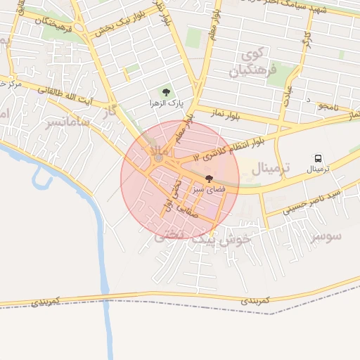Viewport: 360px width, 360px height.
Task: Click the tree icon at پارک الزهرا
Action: tap(166, 91)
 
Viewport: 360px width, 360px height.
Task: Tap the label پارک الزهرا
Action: tap(165, 103)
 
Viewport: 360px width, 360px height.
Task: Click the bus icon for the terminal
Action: tap(319, 159)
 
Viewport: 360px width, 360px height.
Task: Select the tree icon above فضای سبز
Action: tap(209, 179)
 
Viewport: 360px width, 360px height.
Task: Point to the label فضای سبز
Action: tap(209, 190)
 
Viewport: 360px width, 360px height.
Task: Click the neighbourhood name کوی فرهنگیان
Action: tap(254, 62)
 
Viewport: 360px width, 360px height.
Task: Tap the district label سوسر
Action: tap(326, 236)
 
